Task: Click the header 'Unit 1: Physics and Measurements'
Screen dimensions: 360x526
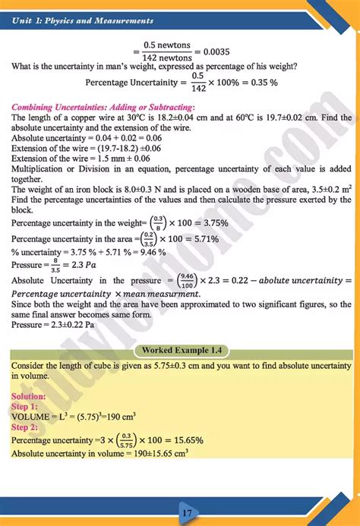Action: tap(84, 20)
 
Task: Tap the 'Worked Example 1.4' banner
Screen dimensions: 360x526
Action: tap(180, 351)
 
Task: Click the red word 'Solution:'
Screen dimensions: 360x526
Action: tap(29, 395)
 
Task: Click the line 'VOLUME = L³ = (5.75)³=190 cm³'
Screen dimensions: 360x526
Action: tap(73, 417)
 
